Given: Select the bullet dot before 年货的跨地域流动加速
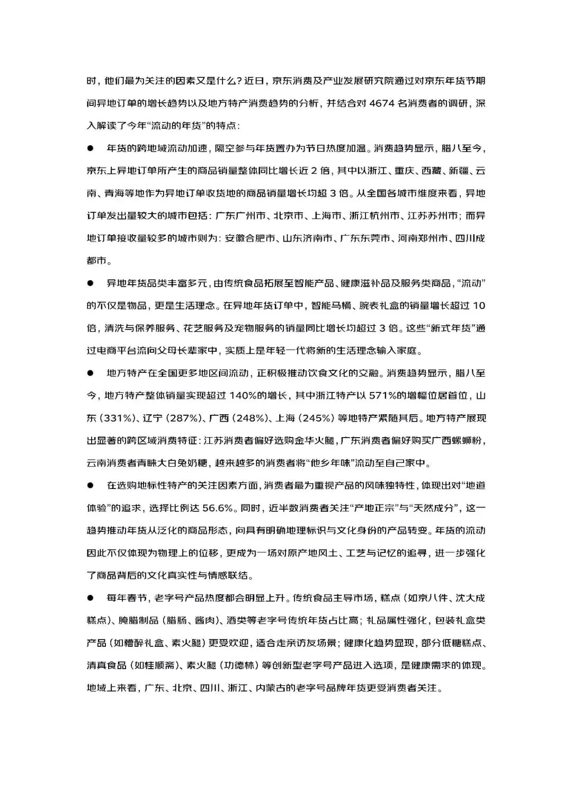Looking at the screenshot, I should [x=90, y=149].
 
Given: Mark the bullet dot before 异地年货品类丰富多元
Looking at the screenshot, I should [x=90, y=283].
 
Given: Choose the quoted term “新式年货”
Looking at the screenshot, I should [x=452, y=328].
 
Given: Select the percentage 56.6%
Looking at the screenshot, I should [x=218, y=508].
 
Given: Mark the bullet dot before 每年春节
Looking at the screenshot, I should [x=90, y=598].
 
